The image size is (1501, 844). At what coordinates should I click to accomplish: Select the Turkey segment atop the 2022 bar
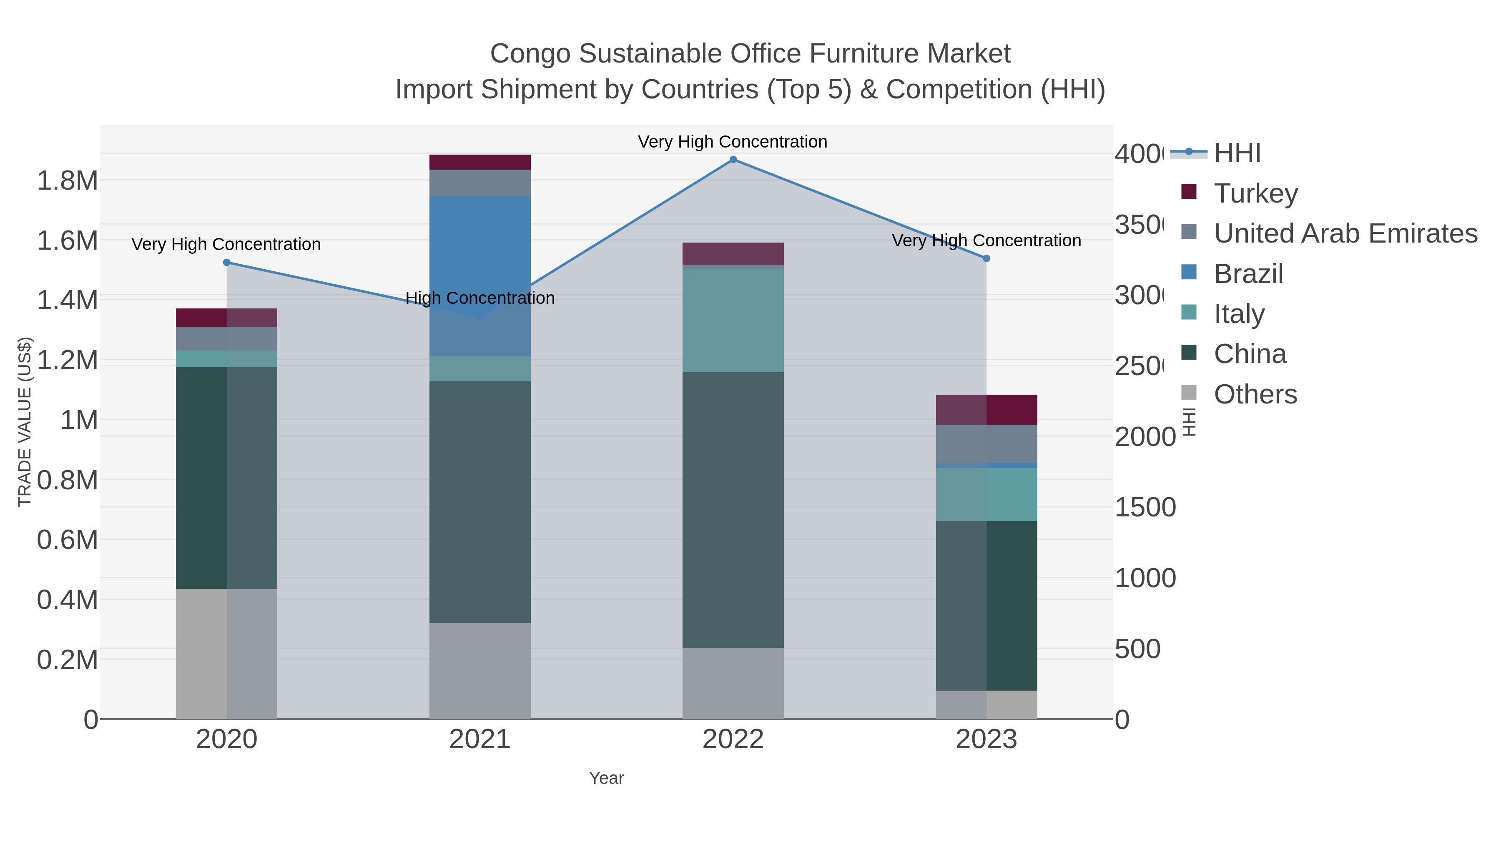(733, 253)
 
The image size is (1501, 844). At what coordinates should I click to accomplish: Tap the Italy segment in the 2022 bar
(733, 321)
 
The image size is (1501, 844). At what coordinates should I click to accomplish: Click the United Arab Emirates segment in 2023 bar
(986, 443)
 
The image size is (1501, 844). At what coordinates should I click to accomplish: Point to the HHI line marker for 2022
(733, 160)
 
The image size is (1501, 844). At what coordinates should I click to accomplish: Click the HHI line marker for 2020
(227, 263)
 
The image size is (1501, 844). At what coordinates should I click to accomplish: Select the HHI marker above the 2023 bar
(986, 258)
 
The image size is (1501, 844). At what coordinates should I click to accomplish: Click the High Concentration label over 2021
(479, 298)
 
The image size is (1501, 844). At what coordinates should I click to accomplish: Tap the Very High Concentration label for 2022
(733, 142)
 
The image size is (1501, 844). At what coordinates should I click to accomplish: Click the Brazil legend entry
(1248, 274)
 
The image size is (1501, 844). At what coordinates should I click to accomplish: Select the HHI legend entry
(1237, 153)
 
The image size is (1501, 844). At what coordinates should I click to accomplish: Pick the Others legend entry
(1255, 394)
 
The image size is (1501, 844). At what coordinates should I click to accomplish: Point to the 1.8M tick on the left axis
(67, 180)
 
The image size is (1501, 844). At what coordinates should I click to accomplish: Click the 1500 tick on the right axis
(1145, 507)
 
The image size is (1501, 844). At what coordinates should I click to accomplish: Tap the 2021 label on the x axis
(479, 740)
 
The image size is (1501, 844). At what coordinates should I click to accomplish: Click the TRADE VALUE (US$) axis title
(25, 422)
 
